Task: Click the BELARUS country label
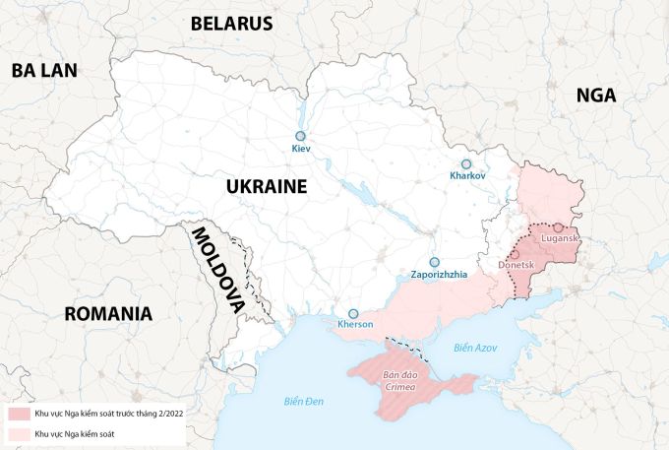pos(231,23)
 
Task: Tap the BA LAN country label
pos(44,69)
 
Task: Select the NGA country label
pos(596,95)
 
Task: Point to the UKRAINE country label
pos(266,186)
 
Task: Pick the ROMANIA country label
pos(108,314)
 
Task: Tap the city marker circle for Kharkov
pos(467,164)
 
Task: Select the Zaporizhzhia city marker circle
pos(434,263)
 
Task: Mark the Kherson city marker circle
pos(353,313)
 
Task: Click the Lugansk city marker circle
pos(558,227)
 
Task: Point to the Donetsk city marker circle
pos(515,254)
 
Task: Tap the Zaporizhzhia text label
pos(439,276)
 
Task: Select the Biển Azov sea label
pos(476,348)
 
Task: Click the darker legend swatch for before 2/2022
pos(19,415)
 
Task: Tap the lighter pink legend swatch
pos(19,433)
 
